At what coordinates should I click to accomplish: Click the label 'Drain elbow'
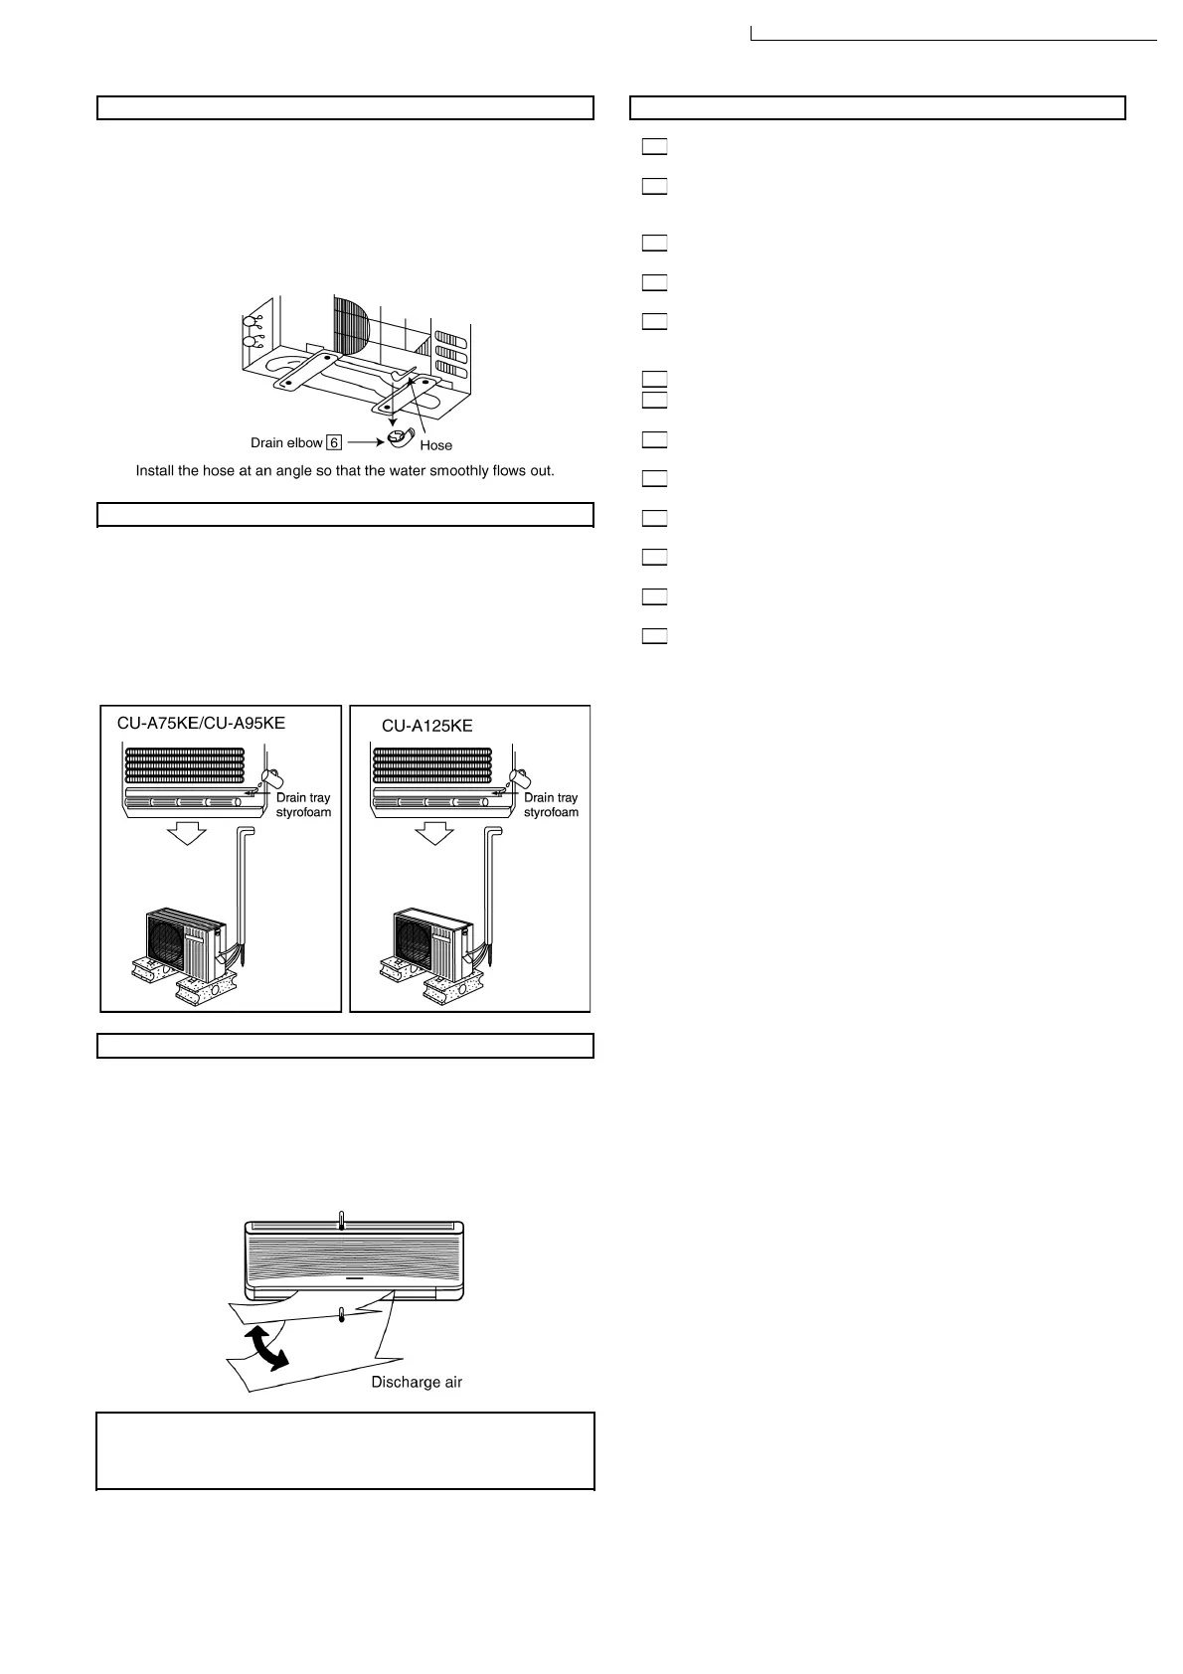pyautogui.click(x=286, y=443)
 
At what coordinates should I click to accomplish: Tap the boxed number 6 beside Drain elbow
pyautogui.click(x=334, y=443)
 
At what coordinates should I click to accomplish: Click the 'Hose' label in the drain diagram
pyautogui.click(x=435, y=445)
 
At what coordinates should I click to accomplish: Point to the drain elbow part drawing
pyautogui.click(x=399, y=437)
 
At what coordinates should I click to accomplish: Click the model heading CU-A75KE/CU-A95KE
pyautogui.click(x=201, y=723)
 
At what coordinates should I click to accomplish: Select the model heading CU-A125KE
pyautogui.click(x=427, y=726)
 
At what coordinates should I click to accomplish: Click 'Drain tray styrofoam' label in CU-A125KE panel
pyautogui.click(x=551, y=805)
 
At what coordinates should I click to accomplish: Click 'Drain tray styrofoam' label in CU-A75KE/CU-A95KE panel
pyautogui.click(x=303, y=805)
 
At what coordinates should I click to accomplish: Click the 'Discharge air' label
pyautogui.click(x=417, y=1382)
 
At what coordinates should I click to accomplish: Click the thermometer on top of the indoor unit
pyautogui.click(x=341, y=1222)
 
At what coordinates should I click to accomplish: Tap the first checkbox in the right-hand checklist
pyautogui.click(x=653, y=147)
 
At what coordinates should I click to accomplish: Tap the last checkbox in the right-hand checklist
pyautogui.click(x=653, y=636)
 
